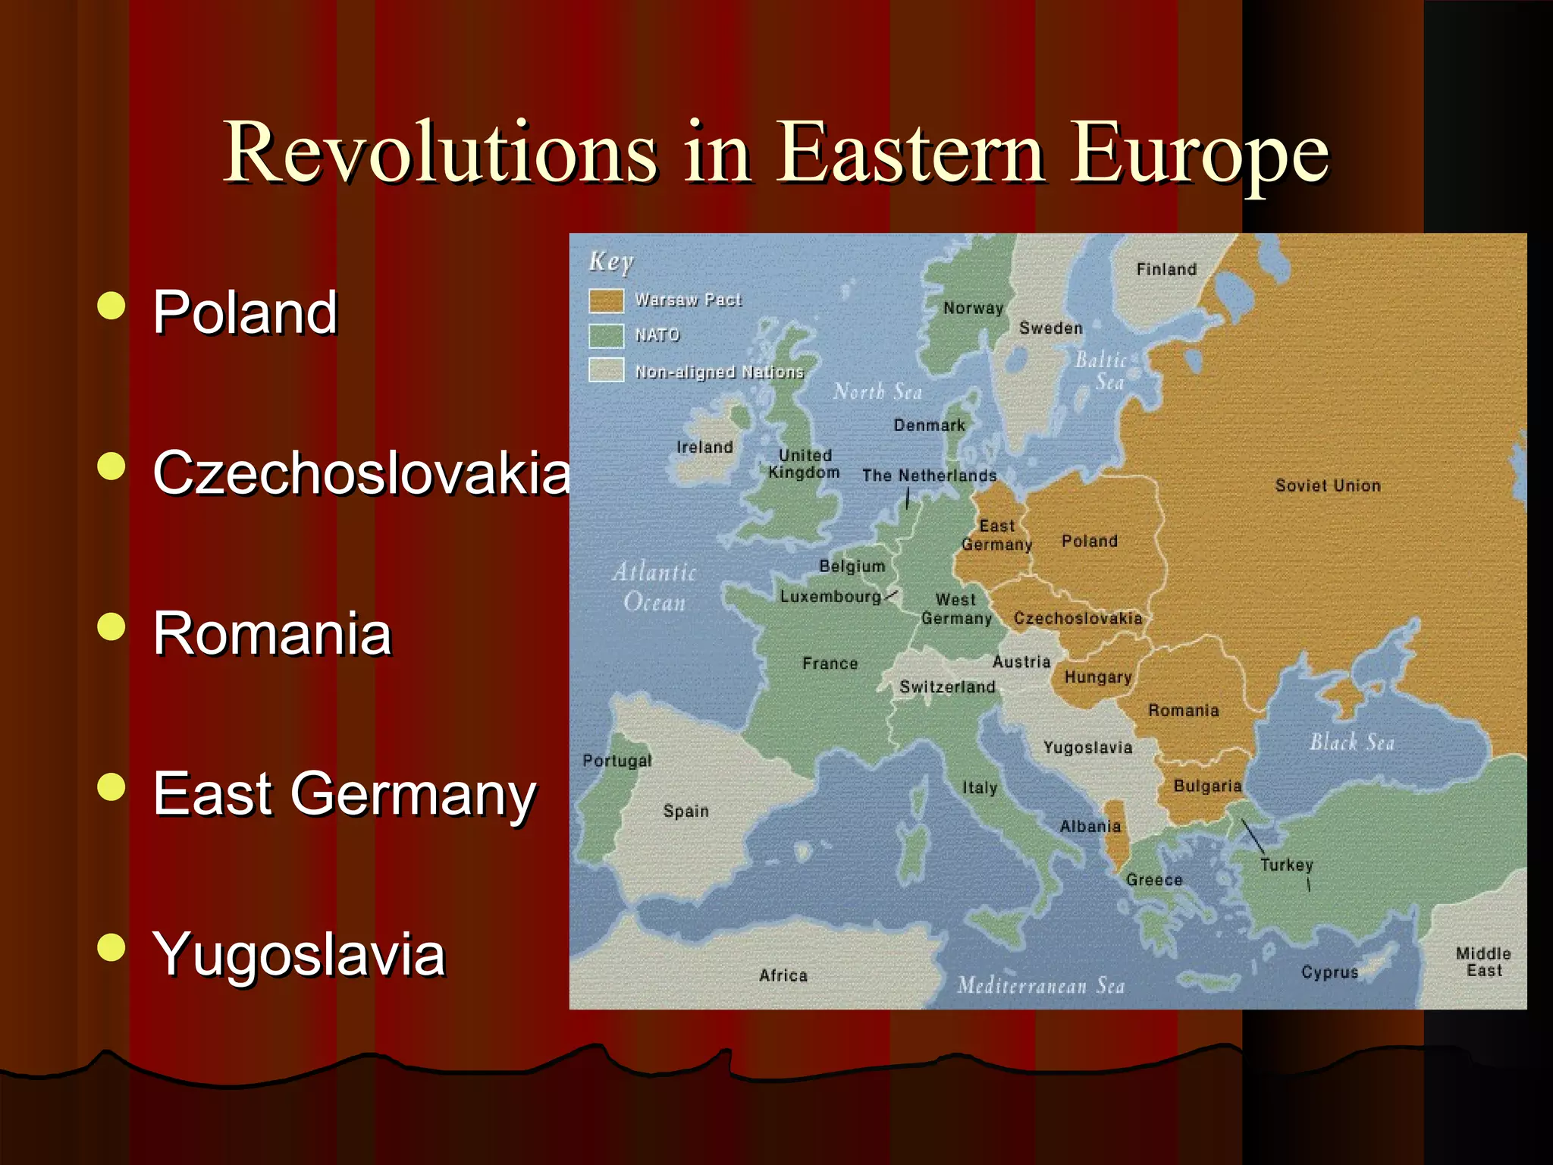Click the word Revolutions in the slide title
point(440,153)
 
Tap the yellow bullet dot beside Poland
point(111,306)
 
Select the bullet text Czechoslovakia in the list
point(361,473)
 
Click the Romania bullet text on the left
point(272,633)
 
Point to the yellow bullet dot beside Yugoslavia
point(111,947)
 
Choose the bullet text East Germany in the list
point(344,794)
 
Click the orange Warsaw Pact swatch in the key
point(606,300)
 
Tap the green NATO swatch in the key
point(606,335)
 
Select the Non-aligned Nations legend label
point(719,372)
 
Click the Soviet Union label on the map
point(1328,485)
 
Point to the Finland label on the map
point(1166,269)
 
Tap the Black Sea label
point(1352,742)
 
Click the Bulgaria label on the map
point(1207,786)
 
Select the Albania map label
point(1090,826)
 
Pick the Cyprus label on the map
point(1329,972)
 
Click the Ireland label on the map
point(704,447)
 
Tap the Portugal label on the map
point(616,760)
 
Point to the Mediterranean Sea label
point(1040,985)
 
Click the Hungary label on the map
point(1097,677)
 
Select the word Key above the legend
point(610,262)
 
